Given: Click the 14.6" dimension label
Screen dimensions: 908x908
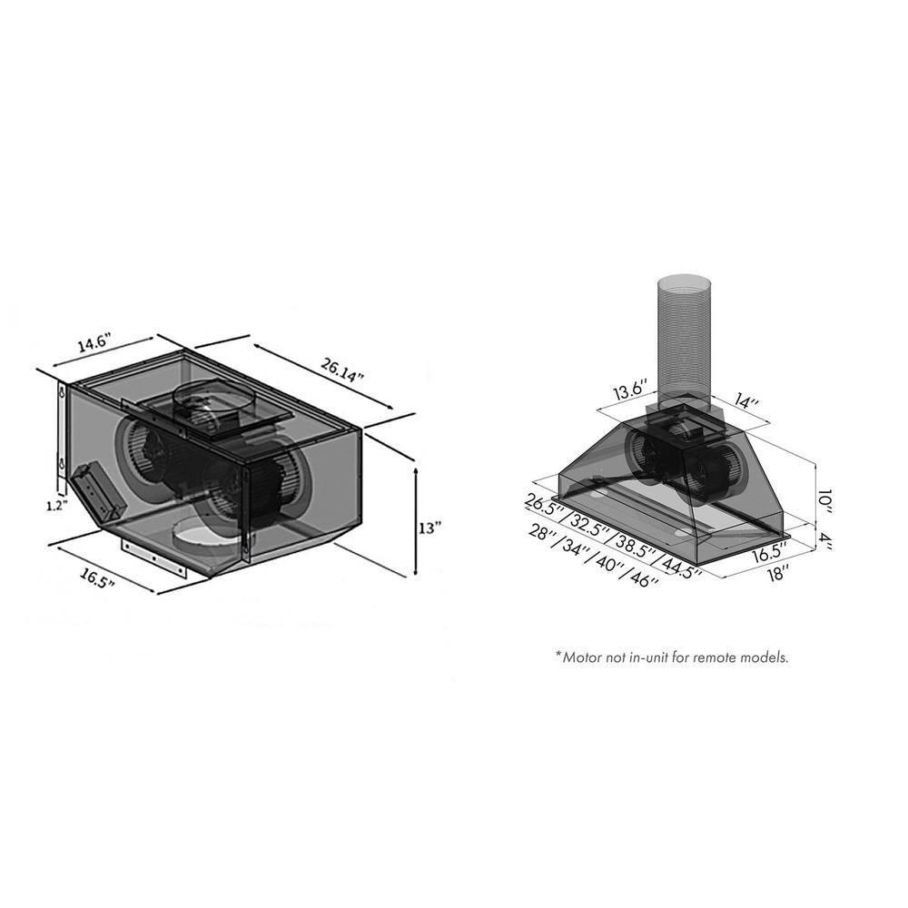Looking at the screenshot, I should point(94,344).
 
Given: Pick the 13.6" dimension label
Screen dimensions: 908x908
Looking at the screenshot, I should point(630,391).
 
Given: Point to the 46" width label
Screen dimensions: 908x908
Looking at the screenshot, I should point(642,579).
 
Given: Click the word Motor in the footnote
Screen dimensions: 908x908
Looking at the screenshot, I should point(585,656).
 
